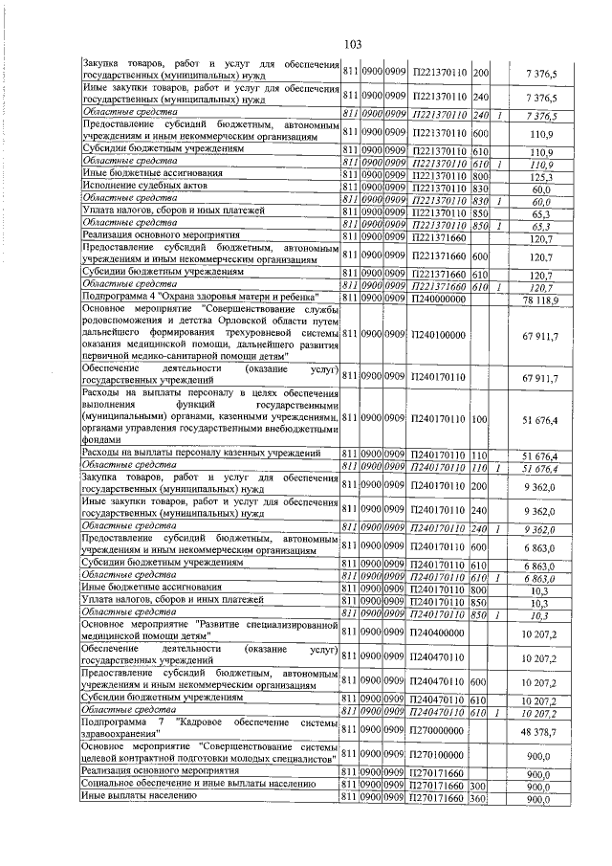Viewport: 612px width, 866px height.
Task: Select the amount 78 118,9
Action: point(540,300)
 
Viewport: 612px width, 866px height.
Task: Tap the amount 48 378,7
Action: point(540,729)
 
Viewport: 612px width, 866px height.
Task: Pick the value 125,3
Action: point(542,177)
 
